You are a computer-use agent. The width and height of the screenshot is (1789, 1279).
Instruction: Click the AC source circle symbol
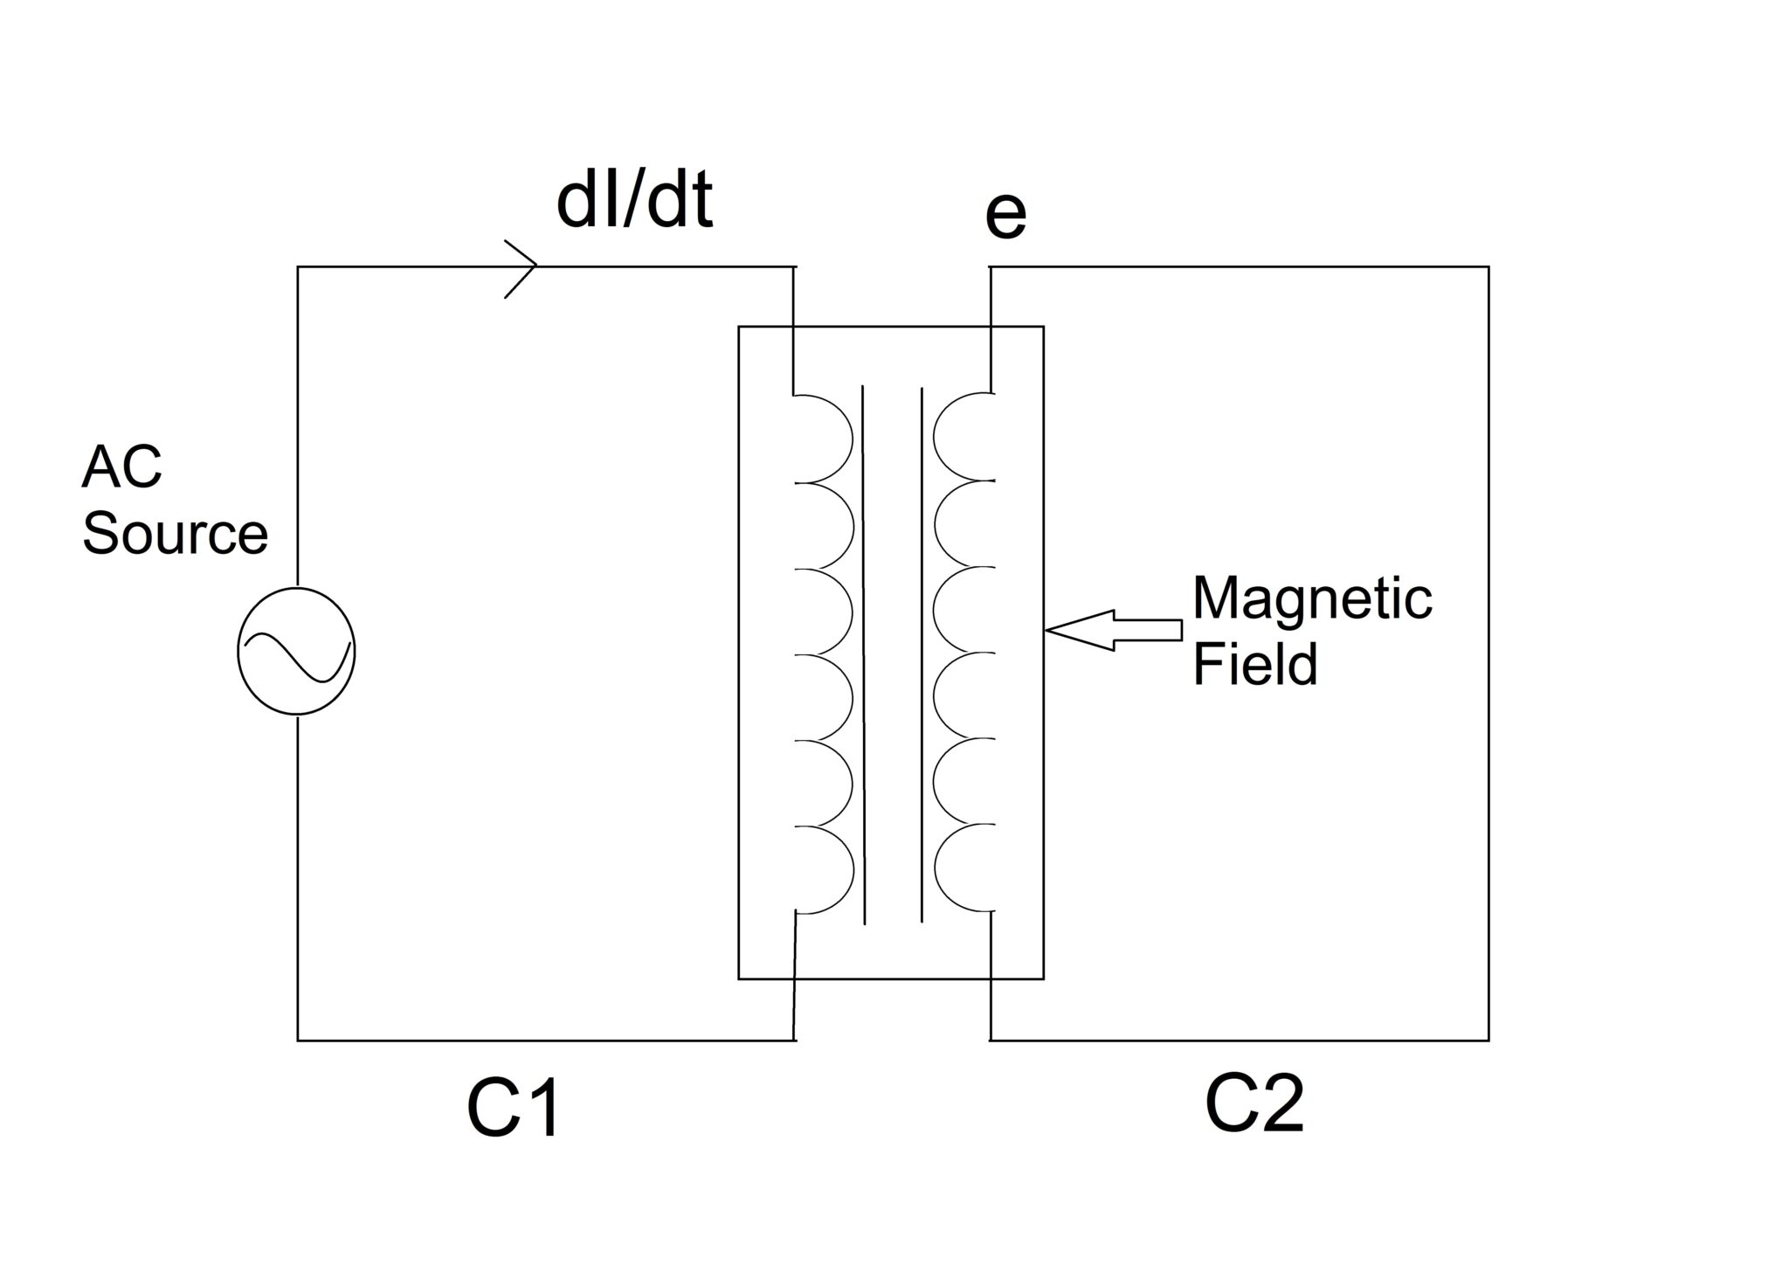(x=297, y=651)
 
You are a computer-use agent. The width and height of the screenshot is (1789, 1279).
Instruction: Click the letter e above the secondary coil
(x=1005, y=216)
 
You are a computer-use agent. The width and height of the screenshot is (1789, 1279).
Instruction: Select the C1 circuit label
(x=514, y=1110)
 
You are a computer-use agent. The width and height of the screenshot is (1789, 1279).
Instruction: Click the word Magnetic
(x=1312, y=599)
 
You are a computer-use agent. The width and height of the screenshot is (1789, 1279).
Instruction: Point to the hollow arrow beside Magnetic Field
(x=1114, y=630)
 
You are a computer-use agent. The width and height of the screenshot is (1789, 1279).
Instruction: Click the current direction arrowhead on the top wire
(x=522, y=266)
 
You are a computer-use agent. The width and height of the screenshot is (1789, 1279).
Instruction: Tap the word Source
(x=175, y=534)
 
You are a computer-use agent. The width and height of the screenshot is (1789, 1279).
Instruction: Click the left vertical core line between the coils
(x=864, y=655)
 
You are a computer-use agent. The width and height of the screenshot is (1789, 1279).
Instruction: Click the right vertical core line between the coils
(x=922, y=655)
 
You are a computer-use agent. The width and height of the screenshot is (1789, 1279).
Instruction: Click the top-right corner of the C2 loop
(x=1488, y=267)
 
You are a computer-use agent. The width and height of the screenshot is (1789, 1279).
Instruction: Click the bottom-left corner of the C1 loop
(x=298, y=1040)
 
